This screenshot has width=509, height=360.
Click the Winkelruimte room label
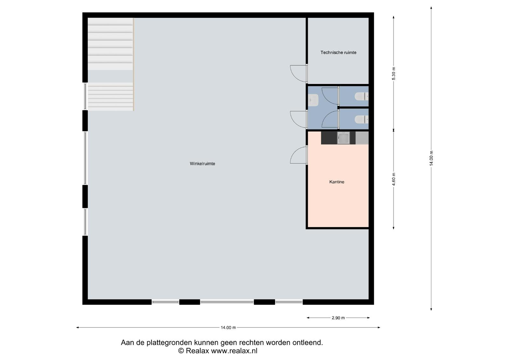(202, 164)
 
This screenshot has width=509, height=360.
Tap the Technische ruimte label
(338, 53)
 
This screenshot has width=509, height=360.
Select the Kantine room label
(337, 182)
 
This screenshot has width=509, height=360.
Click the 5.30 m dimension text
(394, 74)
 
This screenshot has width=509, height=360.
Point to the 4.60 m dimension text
(394, 179)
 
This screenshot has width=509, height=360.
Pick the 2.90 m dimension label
(338, 318)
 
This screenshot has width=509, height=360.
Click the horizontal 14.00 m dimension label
(228, 328)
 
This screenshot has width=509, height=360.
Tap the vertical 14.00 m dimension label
(431, 158)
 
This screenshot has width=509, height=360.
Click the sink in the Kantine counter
(343, 138)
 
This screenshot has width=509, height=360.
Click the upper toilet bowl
(361, 96)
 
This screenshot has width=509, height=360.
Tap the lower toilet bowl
(361, 119)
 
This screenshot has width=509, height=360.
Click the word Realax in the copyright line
(197, 351)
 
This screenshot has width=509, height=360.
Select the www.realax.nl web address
(234, 351)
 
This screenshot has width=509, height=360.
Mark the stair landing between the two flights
(110, 76)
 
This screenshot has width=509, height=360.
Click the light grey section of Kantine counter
(362, 138)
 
